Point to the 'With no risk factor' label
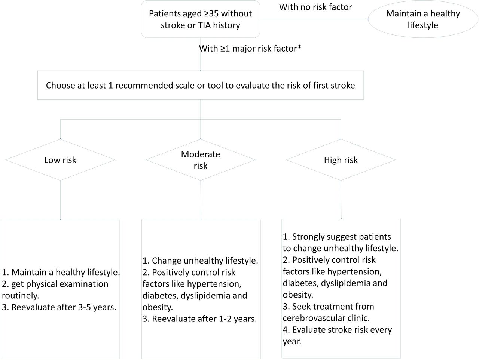pos(315,7)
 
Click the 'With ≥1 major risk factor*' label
pos(250,49)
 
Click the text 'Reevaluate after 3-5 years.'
pos(59,307)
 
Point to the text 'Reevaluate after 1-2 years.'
pos(199,319)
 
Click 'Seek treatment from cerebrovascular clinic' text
pos(328,312)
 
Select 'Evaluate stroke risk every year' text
pos(337,336)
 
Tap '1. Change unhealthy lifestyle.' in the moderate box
pos(200,261)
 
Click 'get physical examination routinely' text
pos(55,290)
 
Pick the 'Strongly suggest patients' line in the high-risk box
pos(337,237)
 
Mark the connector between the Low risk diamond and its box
pos(60,200)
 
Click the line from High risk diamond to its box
pos(341,200)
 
